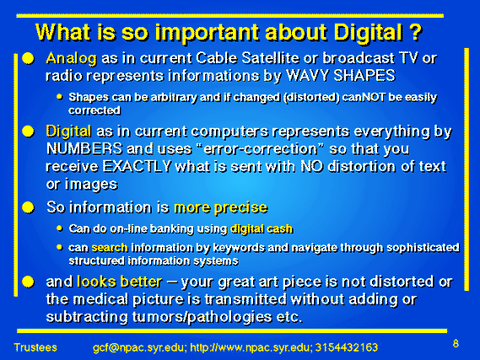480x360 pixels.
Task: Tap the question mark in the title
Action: (415, 32)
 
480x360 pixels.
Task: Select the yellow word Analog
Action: (72, 59)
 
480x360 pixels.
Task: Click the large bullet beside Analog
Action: (28, 58)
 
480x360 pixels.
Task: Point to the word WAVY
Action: (307, 75)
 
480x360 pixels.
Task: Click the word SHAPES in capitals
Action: (364, 75)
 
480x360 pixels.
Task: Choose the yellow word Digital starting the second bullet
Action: (68, 132)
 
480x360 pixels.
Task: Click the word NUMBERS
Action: (84, 149)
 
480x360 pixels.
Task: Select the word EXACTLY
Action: (137, 166)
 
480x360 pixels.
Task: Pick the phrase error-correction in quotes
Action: (260, 149)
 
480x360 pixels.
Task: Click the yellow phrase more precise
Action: (221, 208)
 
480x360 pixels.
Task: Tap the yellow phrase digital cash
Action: (262, 229)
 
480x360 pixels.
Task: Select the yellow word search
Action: (110, 247)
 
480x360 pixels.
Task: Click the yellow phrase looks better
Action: (120, 282)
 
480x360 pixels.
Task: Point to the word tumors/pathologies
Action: (202, 317)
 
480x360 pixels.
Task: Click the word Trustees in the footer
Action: (35, 347)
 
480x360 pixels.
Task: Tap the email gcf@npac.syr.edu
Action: (139, 347)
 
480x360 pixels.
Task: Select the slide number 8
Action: (456, 344)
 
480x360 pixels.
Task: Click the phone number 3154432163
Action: (347, 347)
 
